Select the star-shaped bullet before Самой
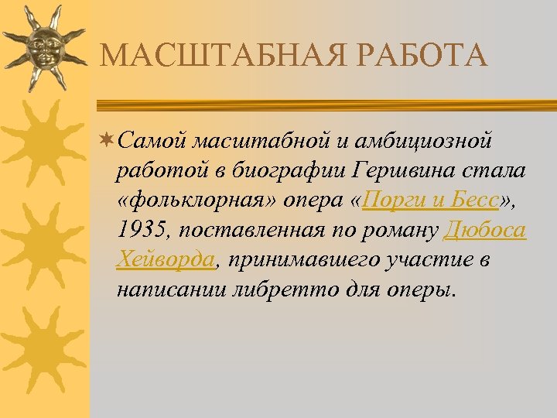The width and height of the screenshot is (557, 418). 107,141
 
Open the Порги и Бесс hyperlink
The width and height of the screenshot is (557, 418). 432,200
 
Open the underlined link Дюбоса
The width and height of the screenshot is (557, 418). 487,230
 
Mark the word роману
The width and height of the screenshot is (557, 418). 405,230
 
